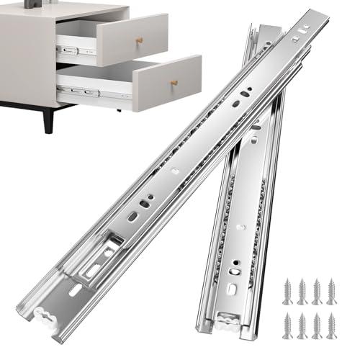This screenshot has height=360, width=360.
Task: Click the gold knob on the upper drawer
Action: click(x=140, y=40)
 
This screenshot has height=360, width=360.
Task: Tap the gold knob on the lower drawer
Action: click(x=174, y=84)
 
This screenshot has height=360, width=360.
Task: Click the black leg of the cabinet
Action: click(x=48, y=118)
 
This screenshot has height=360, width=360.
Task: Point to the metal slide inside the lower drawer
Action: click(x=79, y=91)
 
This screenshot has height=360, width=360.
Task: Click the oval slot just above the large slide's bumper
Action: click(x=76, y=289)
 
